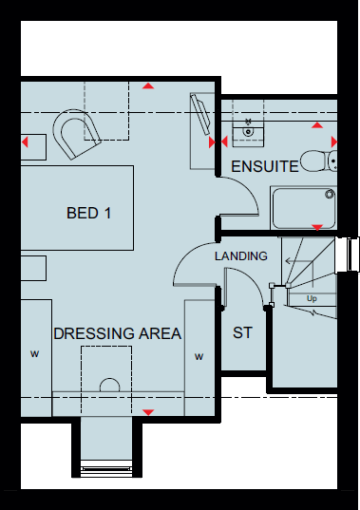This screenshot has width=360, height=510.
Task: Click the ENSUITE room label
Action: (266, 167)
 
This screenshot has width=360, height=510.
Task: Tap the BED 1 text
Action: (88, 213)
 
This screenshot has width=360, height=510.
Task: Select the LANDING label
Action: (240, 256)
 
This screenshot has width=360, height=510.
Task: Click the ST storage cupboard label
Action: (242, 333)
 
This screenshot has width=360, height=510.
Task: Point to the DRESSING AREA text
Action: (117, 333)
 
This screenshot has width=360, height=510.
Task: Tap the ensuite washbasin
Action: (250, 127)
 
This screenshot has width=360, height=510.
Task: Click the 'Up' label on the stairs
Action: (312, 297)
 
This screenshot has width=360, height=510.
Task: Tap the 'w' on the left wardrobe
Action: (34, 355)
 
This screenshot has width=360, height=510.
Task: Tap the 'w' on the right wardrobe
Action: (199, 357)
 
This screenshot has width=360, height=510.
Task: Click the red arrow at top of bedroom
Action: (147, 87)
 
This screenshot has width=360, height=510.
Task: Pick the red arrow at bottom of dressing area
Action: (147, 411)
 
